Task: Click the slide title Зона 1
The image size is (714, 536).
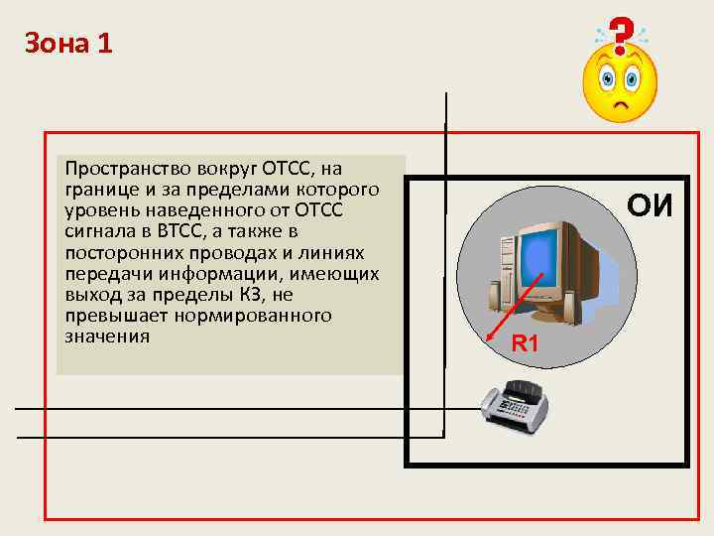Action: tap(68, 44)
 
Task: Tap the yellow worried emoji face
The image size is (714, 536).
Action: tap(620, 83)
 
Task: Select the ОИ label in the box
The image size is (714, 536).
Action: tap(650, 205)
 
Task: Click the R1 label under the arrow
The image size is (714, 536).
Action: tap(525, 344)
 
